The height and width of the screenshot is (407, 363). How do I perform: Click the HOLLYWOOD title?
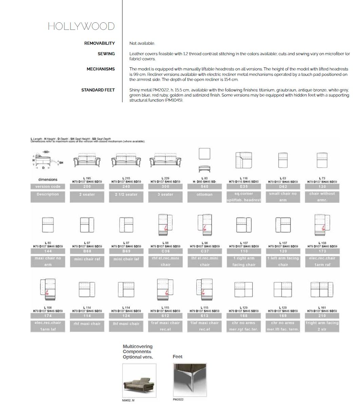[81, 26]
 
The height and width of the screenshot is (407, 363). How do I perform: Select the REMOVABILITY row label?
[99, 43]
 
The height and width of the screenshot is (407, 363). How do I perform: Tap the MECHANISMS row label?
[100, 69]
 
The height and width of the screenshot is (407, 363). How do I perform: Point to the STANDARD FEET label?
[98, 90]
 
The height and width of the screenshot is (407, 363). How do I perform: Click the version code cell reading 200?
[87, 187]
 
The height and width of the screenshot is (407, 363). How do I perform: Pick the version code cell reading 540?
[205, 187]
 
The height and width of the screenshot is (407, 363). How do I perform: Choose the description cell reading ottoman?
[205, 195]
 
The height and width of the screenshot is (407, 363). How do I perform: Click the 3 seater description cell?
[165, 195]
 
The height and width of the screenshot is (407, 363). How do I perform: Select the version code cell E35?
[244, 187]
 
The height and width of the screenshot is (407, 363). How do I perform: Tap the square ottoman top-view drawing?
[205, 154]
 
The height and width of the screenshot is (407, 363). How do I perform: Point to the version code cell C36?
[165, 251]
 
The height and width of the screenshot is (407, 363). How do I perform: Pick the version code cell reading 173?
[322, 251]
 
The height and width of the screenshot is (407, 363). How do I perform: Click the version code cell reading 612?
[165, 316]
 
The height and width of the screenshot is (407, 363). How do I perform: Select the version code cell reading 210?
[322, 316]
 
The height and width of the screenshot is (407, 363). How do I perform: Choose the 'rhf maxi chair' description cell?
[87, 324]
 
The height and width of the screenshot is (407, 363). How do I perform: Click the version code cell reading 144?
[48, 251]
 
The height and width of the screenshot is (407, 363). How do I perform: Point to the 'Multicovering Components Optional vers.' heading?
[138, 352]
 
